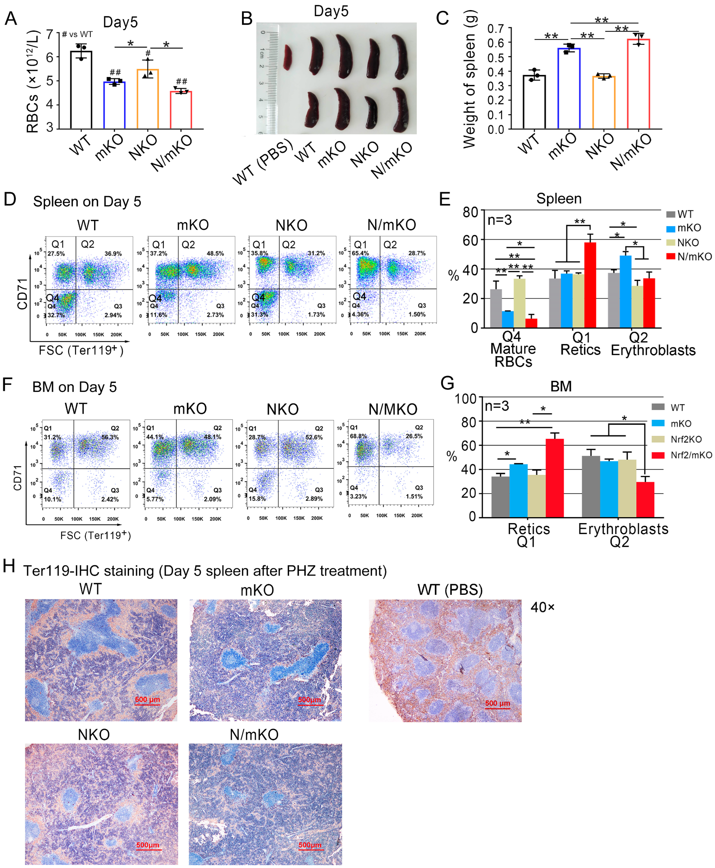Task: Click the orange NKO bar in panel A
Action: tap(147, 99)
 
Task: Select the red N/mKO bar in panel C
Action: tap(638, 84)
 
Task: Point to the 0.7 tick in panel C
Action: tap(495, 28)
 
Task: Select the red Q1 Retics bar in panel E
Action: tap(590, 285)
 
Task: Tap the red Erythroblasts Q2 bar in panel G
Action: tap(645, 499)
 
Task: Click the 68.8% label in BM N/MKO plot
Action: tap(358, 436)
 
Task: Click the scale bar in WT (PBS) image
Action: tap(498, 708)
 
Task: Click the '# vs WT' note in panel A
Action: tap(77, 34)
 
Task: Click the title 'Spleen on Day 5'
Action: tap(87, 201)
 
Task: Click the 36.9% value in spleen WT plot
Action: tap(113, 253)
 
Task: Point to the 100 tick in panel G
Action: tap(465, 399)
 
